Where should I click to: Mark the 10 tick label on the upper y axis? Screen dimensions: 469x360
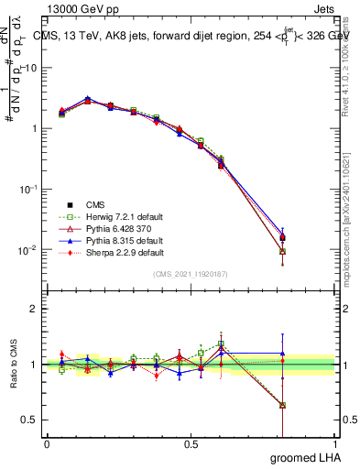(30, 68)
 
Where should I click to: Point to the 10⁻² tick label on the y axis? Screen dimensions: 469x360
(27, 250)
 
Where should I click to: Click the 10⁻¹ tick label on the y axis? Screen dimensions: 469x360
(27, 189)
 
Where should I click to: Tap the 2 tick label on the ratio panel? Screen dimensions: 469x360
(33, 309)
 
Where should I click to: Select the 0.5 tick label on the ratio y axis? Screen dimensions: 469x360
(29, 420)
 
